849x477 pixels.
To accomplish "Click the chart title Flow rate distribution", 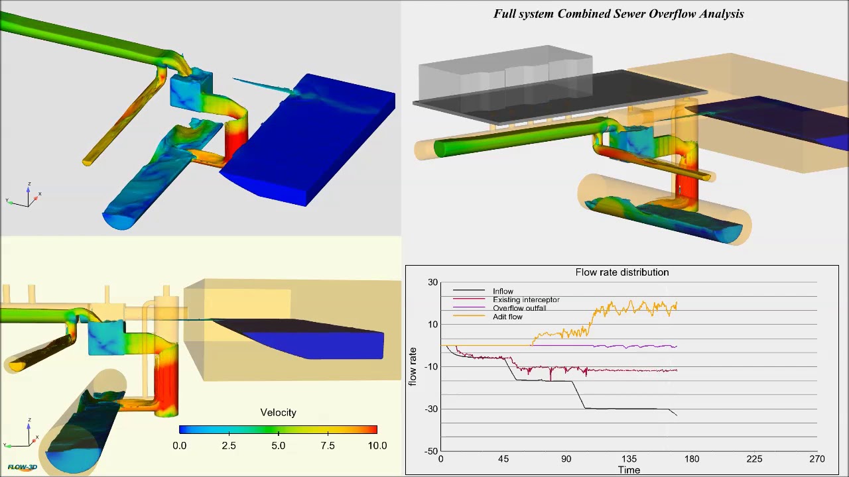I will (621, 272).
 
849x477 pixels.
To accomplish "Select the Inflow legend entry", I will (503, 291).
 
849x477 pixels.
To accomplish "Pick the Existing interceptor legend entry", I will (526, 300).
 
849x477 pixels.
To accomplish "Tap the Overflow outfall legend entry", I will (519, 309).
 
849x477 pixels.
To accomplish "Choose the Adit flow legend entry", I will (507, 317).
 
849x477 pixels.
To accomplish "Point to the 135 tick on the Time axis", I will (629, 459).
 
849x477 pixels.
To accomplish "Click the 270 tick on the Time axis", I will (816, 459).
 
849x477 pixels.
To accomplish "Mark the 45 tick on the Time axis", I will (503, 459).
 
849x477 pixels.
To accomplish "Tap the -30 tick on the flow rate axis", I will (432, 409).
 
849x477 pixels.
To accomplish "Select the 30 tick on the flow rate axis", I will (433, 283).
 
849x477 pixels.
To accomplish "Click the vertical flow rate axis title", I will (413, 366).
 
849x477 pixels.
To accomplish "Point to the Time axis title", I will (629, 470).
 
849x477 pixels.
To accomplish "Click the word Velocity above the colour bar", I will (278, 413).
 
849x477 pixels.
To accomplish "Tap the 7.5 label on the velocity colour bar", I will (328, 446).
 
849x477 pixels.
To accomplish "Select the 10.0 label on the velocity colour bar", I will (377, 446).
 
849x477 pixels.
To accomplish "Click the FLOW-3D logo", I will (22, 467).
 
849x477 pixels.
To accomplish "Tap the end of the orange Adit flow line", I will (677, 303).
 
